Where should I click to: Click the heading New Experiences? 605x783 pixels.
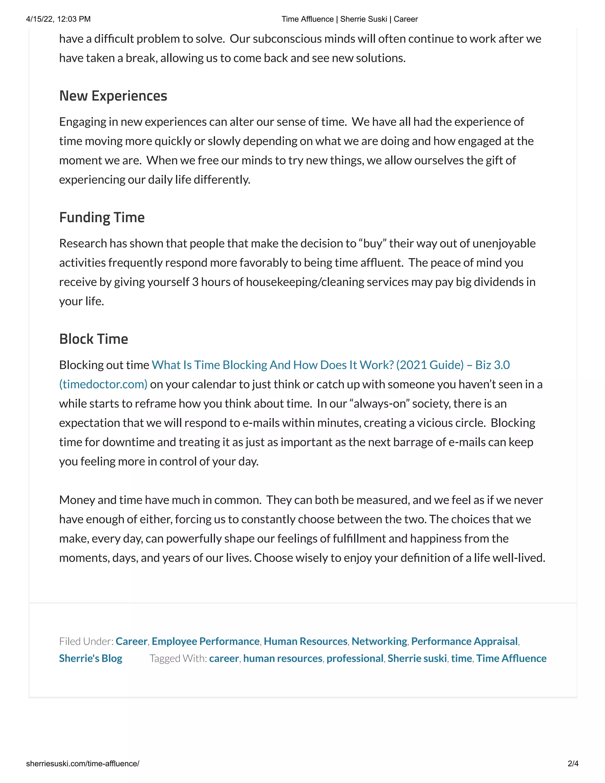[x=113, y=96]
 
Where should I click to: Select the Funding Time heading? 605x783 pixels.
[x=102, y=218]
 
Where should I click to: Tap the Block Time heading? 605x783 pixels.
[x=94, y=339]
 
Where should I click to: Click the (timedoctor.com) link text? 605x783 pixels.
[x=103, y=384]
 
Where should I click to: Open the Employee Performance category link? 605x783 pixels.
[x=205, y=641]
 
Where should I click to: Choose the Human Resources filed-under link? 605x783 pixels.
[x=305, y=641]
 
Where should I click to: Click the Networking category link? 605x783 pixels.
[x=379, y=641]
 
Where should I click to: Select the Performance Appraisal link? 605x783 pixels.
[x=464, y=641]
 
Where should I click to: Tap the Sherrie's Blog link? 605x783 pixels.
[x=91, y=658]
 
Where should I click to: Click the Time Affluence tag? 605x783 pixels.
[x=511, y=658]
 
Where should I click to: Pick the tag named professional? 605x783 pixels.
[x=355, y=658]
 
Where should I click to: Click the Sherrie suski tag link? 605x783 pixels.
[x=417, y=658]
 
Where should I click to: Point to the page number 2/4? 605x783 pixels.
[x=573, y=763]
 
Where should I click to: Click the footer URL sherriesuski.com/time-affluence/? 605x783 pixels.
[x=82, y=763]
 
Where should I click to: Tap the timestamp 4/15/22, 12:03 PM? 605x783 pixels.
[x=58, y=19]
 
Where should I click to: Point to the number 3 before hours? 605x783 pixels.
[x=195, y=282]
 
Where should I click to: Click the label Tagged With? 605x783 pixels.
[x=178, y=658]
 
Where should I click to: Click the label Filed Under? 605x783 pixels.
[x=86, y=641]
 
